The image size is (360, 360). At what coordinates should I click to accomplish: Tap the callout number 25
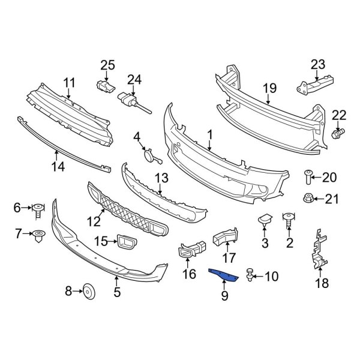pos(106,65)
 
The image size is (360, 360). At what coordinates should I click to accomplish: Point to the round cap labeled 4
pos(147,157)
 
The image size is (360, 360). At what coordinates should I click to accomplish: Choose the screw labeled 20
pos(309,175)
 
